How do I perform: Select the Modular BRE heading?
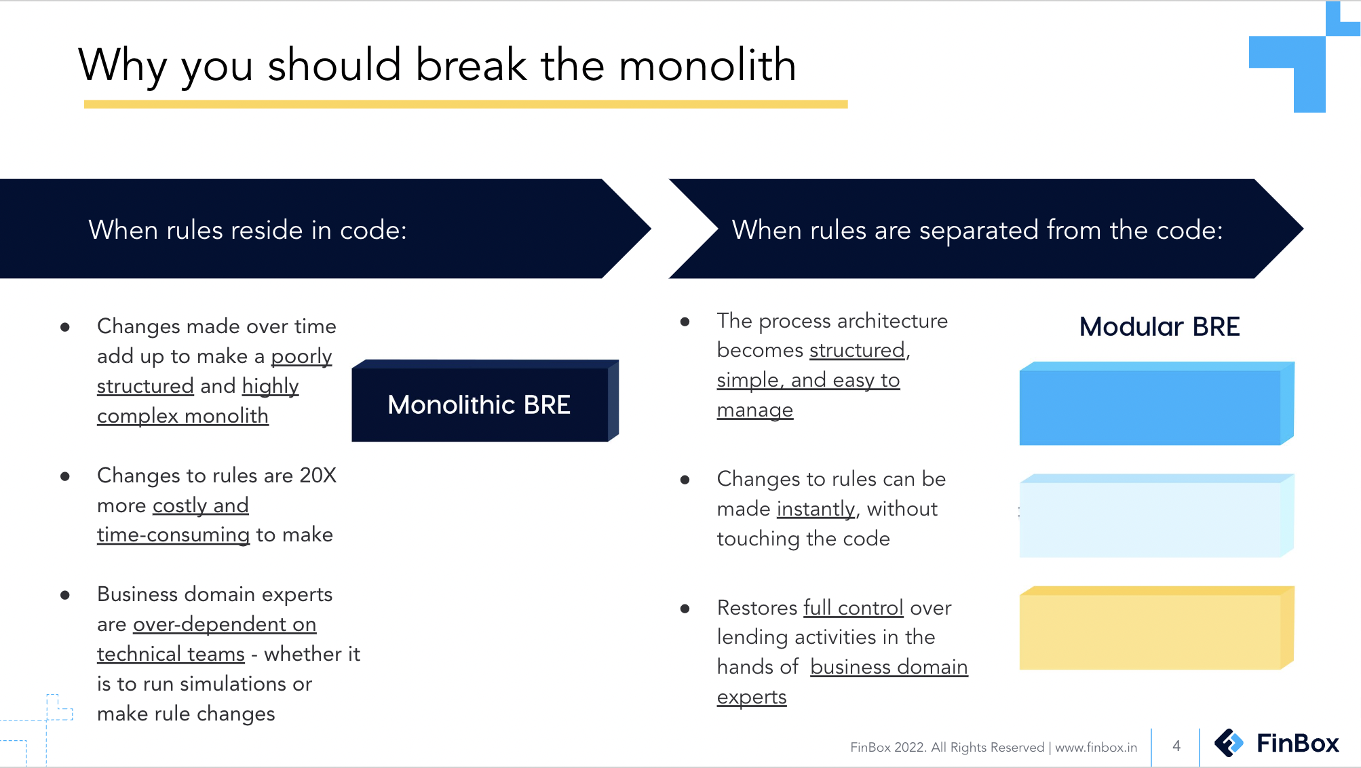pos(1159,327)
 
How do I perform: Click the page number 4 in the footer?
pos(1176,746)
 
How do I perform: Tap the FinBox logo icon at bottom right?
pos(1229,743)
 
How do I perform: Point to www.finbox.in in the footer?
pos(1096,748)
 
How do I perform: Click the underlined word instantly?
pos(816,509)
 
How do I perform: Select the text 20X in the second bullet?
pos(318,475)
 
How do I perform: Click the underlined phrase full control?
pos(853,607)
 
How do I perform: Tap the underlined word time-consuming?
pos(173,535)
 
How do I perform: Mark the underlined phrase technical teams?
pos(170,654)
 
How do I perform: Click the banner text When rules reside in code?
pos(247,230)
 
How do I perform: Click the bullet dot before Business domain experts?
pos(65,595)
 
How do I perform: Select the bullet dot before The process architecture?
pos(685,322)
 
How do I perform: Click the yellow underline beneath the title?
pos(465,104)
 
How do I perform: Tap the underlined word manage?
pos(754,410)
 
